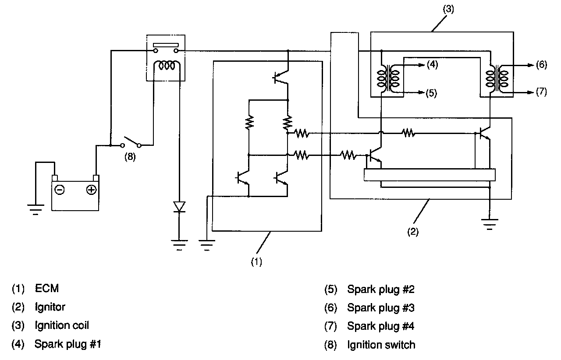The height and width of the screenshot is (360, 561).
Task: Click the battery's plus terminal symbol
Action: coord(91,190)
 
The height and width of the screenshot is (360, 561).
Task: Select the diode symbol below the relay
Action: coord(179,206)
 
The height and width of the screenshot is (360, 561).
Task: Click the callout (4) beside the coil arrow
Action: coord(432,65)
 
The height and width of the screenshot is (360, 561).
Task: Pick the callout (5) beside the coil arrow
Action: coord(432,93)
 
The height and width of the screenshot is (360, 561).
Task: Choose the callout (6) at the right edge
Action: coord(541,65)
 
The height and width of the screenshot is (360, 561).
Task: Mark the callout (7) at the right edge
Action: coord(541,92)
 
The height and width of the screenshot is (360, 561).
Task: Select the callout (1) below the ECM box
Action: coord(256,262)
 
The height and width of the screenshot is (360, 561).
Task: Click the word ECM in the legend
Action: coord(47,288)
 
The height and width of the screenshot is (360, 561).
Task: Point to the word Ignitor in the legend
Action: coord(50,307)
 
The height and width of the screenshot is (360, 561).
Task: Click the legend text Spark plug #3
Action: coord(380,307)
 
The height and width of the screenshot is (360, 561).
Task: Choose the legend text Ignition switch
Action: coord(381,345)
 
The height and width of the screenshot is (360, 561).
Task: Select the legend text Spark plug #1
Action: coord(68,344)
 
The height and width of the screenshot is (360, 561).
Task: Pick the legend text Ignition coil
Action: coord(62,325)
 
